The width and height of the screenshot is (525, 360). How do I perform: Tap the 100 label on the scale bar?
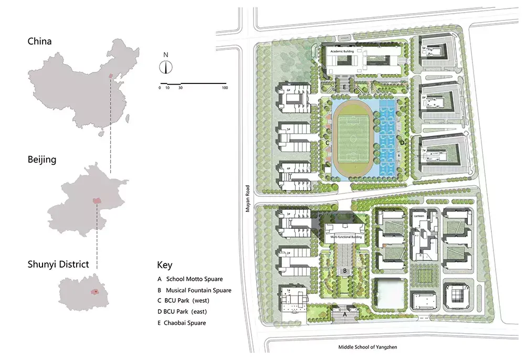225,88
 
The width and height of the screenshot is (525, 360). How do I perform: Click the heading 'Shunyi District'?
58,264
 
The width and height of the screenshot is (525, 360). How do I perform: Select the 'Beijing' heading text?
42,159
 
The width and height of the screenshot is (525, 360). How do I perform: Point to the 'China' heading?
40,41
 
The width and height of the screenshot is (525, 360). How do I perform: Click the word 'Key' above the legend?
164,265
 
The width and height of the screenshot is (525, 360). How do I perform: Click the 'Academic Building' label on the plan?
342,52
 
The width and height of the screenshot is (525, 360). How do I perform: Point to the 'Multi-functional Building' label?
345,237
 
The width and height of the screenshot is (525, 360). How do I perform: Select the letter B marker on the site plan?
344,271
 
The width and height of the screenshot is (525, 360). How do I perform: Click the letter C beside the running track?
327,143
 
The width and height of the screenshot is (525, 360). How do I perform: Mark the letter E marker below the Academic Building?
344,87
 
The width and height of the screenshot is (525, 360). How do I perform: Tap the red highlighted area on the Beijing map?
96,200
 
